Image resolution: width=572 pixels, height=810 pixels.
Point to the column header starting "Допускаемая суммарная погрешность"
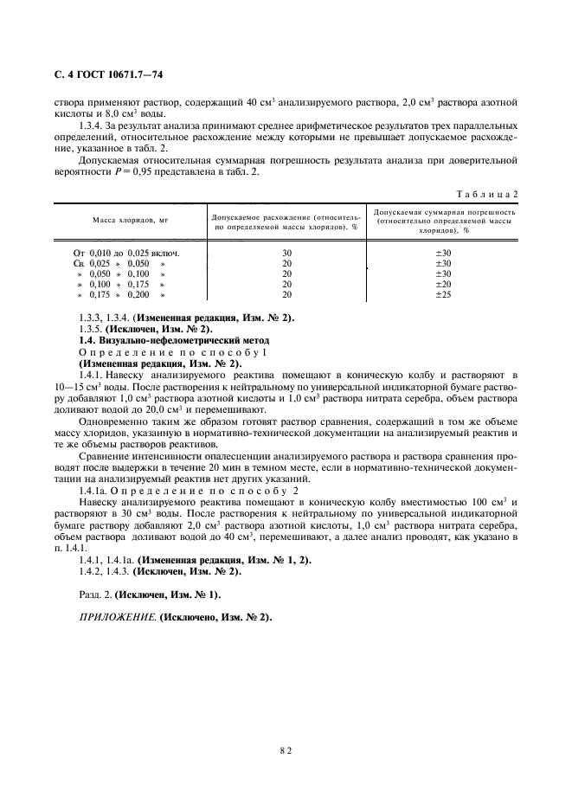click(446, 221)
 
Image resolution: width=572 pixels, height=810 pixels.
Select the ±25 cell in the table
click(446, 294)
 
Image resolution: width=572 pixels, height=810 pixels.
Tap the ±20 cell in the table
click(446, 284)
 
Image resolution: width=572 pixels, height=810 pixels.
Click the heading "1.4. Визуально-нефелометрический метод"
click(173, 340)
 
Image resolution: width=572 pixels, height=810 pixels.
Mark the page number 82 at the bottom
click(286, 751)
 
